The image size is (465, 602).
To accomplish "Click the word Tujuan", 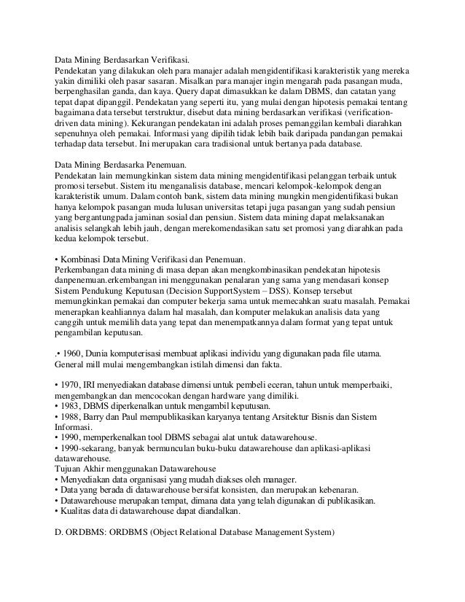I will pyautogui.click(x=69, y=469).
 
